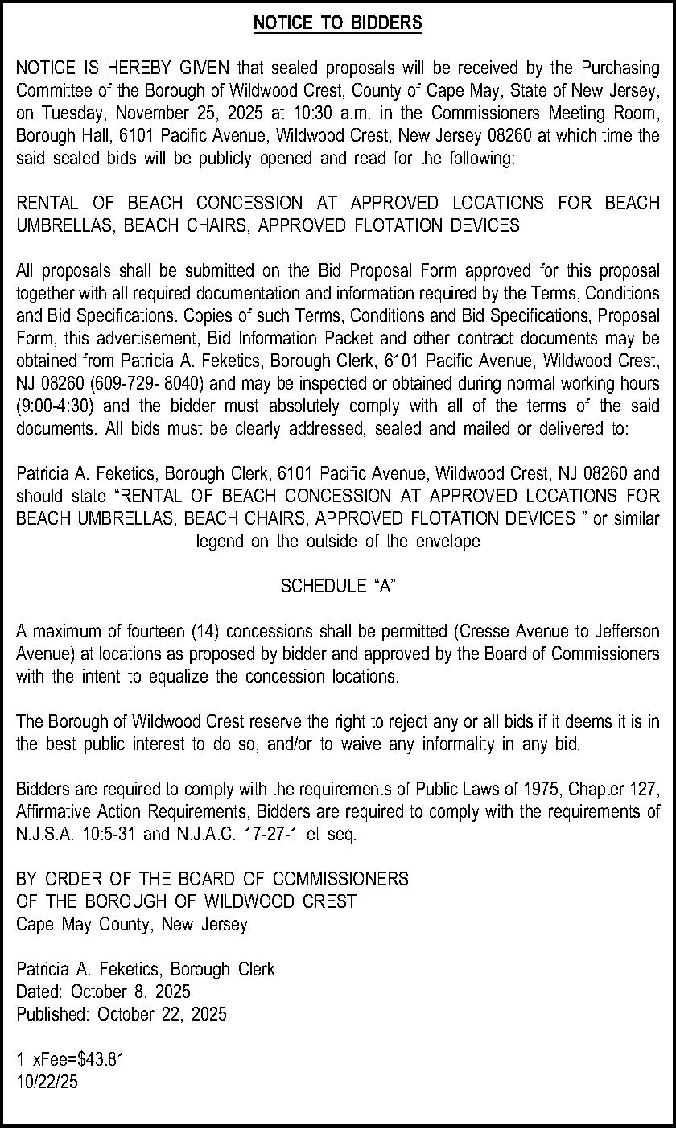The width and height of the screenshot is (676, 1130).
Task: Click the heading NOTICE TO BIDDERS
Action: pos(337,24)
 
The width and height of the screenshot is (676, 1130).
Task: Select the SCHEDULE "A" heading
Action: pos(337,586)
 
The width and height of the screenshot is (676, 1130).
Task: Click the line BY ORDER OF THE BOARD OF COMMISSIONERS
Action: pos(212,879)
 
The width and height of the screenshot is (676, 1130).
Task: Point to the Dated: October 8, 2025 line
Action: pos(104,991)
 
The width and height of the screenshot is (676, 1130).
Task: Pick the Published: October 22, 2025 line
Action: pos(122,1013)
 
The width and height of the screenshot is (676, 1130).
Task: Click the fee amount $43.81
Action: pos(100,1059)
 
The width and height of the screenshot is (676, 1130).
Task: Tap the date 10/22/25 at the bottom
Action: pos(47,1082)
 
